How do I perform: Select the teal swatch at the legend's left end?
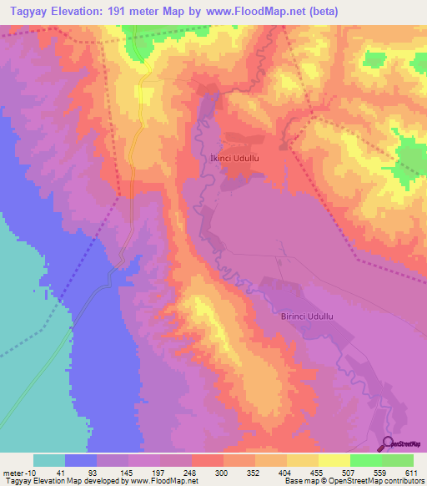[49, 460]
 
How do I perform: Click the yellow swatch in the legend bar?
[334, 460]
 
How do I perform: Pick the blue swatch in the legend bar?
[81, 460]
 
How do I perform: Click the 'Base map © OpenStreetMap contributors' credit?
[353, 480]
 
